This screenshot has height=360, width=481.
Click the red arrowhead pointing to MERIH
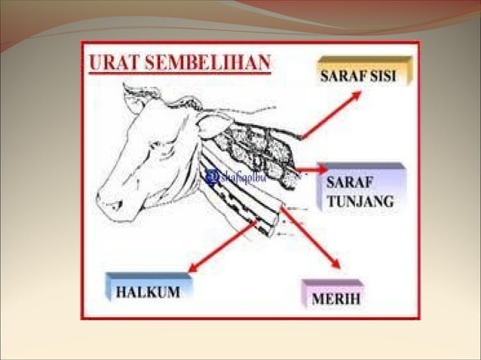tap(335, 265)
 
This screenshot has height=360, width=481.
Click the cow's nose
tap(108, 203)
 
